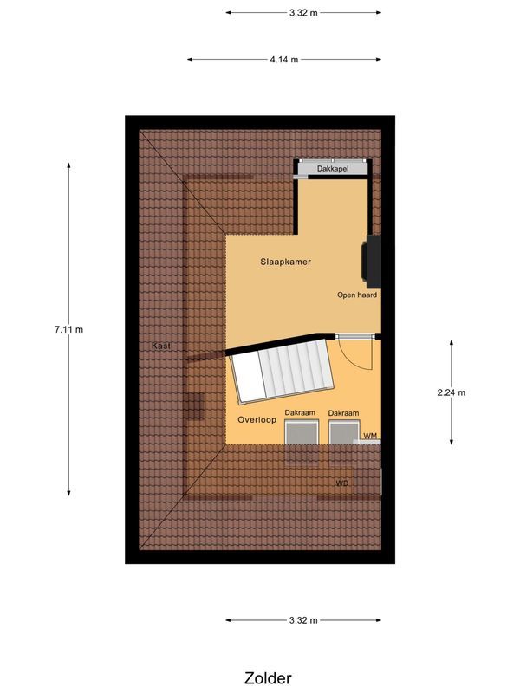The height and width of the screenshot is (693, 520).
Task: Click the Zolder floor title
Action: click(x=268, y=678)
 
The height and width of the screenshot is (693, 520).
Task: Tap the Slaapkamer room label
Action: click(x=286, y=262)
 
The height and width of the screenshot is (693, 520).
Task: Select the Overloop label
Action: click(x=257, y=420)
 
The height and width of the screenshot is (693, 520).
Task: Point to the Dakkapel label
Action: click(x=333, y=168)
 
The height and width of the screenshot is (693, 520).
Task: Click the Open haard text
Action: click(x=357, y=295)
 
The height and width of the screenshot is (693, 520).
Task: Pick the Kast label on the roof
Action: click(x=161, y=346)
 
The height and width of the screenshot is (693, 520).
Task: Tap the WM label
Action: click(x=370, y=435)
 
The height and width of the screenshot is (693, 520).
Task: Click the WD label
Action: click(x=342, y=483)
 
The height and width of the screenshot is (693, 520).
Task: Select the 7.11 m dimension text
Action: click(x=68, y=329)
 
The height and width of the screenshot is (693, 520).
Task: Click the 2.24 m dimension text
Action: click(x=452, y=392)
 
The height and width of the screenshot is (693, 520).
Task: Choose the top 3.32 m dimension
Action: click(x=303, y=13)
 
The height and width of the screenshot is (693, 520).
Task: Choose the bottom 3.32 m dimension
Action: click(x=303, y=620)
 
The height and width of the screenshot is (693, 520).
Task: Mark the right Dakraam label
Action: click(x=344, y=413)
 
